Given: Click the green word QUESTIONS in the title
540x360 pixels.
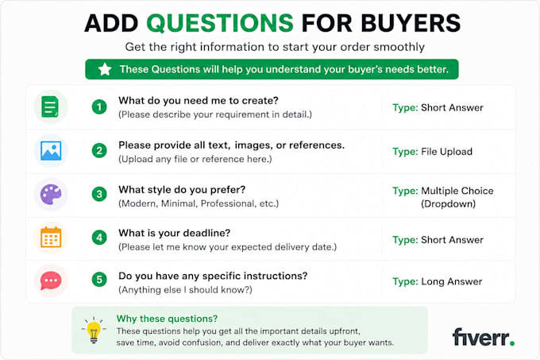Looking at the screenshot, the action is (220, 23).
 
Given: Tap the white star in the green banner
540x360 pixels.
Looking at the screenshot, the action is (105, 69).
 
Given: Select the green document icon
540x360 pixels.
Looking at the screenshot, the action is (50, 106).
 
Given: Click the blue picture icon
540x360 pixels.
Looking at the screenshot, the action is (51, 151).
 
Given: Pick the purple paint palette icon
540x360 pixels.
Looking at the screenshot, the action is (51, 194).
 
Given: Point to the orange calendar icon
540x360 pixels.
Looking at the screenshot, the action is (51, 237).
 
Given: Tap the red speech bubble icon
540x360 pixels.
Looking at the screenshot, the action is (51, 281).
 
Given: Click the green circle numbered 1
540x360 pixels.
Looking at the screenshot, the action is (99, 106).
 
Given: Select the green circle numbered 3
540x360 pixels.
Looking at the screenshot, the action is (99, 194).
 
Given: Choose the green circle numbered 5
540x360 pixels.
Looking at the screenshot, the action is (99, 280).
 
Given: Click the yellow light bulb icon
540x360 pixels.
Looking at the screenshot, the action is (94, 330).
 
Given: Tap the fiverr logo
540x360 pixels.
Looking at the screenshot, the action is (484, 337).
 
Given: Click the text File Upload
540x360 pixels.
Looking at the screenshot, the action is (446, 152).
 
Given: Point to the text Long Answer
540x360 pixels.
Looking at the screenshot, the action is (452, 282).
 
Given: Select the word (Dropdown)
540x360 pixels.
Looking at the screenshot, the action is (448, 204).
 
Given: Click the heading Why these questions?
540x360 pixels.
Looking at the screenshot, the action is (167, 319).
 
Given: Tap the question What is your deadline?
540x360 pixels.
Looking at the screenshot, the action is (174, 233).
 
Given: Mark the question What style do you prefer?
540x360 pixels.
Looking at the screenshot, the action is (182, 190).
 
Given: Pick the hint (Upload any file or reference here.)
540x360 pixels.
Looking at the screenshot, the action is (195, 159).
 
